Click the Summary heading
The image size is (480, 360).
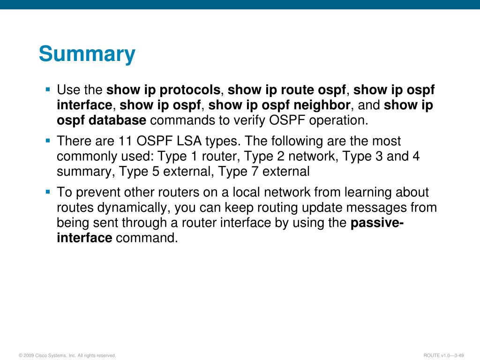click(87, 54)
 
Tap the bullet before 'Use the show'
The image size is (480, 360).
click(48, 90)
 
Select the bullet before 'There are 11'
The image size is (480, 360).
click(48, 141)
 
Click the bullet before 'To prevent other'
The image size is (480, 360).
click(48, 192)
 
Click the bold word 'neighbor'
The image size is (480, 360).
click(322, 105)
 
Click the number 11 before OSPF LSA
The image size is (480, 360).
click(126, 141)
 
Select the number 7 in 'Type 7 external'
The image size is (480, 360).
click(255, 172)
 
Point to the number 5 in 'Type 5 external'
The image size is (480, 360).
click(156, 172)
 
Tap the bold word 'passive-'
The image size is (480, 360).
click(377, 223)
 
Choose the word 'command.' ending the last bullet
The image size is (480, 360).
click(147, 238)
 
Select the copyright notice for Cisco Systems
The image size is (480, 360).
click(67, 355)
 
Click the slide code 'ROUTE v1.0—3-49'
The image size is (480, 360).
click(443, 355)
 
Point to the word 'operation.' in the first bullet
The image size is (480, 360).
click(338, 120)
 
